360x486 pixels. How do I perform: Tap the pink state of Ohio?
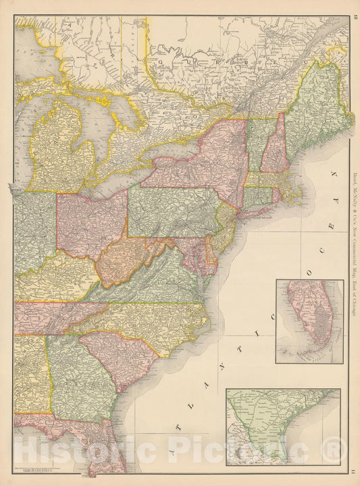[91, 223]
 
